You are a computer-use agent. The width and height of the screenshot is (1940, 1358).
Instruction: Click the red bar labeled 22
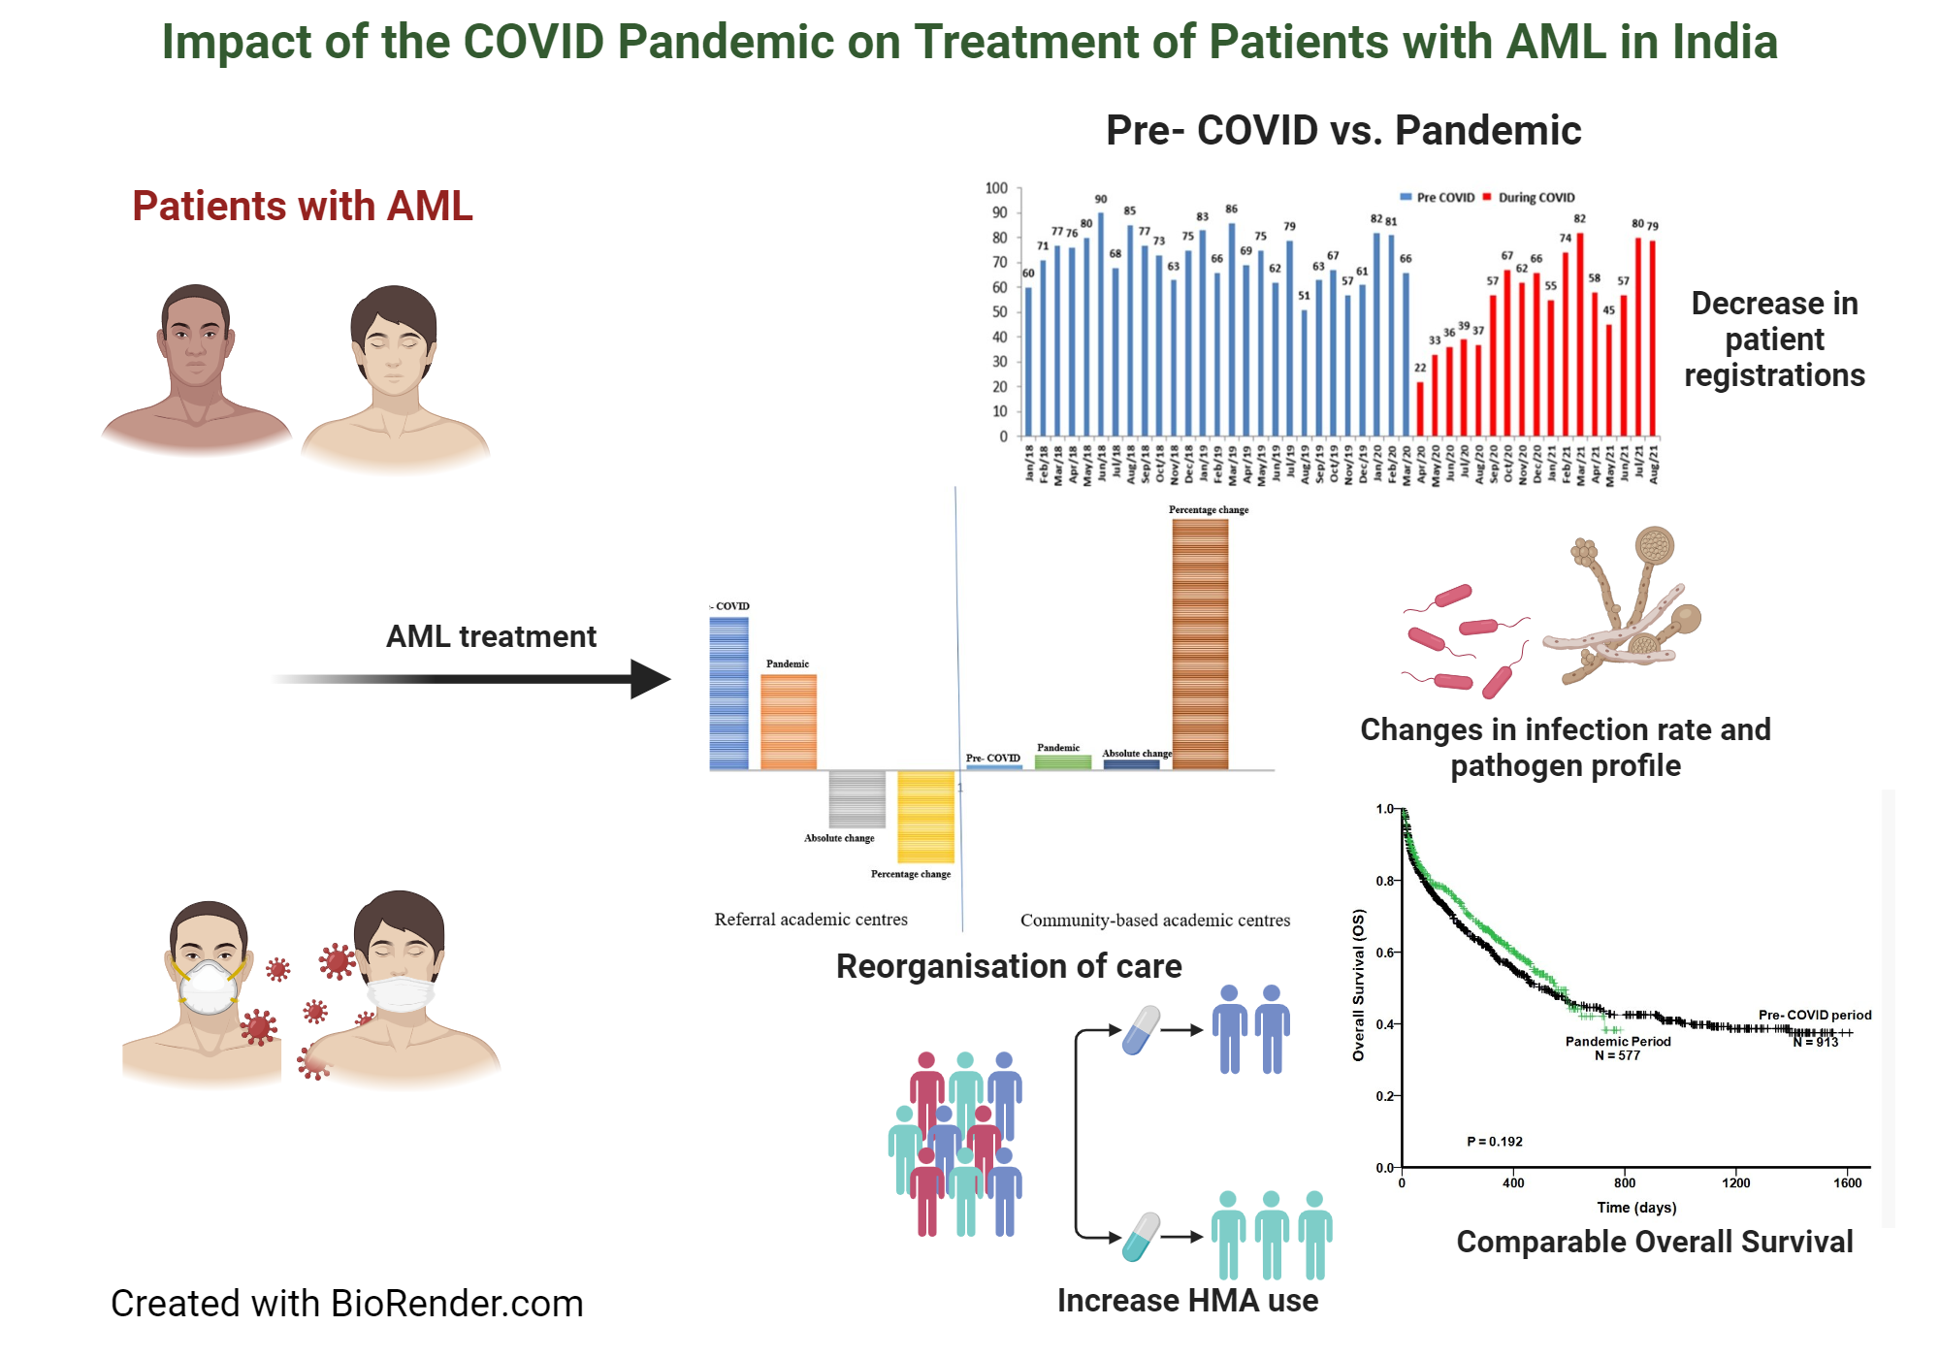click(1420, 408)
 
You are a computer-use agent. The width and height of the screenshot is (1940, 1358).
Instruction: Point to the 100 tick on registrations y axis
click(996, 188)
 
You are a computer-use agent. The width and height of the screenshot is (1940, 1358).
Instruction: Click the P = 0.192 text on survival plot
click(1494, 1142)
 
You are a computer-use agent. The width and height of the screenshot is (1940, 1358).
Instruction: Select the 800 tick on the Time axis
click(1625, 1182)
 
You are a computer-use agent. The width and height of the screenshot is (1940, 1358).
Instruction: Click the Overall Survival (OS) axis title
click(1358, 985)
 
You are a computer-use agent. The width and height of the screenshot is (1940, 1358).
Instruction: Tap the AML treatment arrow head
click(651, 679)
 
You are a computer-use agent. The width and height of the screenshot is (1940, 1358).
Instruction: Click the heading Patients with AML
click(302, 206)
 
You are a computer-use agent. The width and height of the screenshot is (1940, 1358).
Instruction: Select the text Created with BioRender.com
click(346, 1304)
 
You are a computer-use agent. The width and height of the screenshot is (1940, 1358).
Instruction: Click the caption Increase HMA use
click(1187, 1301)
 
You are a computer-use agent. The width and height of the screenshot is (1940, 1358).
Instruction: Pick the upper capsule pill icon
click(1141, 1030)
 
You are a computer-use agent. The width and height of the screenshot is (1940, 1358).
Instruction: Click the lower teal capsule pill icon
click(1141, 1237)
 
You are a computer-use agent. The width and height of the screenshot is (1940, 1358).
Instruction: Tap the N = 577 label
click(1617, 1055)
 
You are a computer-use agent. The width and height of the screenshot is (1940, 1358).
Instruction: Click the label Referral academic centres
click(811, 920)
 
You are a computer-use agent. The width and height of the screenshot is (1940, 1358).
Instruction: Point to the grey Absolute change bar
click(857, 799)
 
